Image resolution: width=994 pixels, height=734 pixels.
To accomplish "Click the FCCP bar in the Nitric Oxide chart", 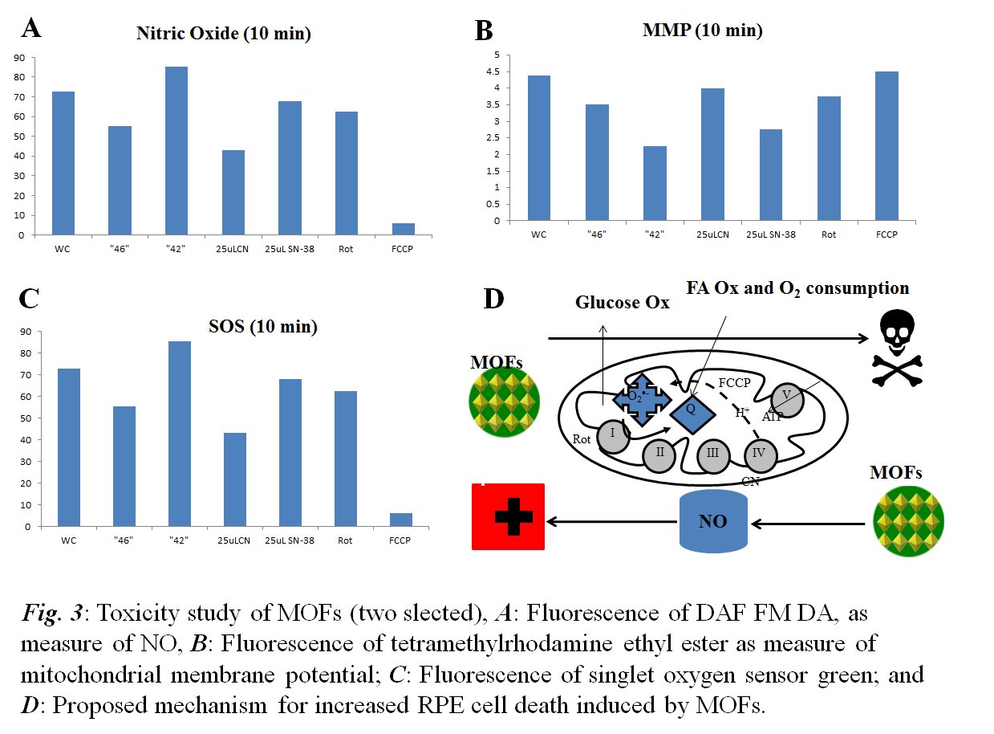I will [404, 230].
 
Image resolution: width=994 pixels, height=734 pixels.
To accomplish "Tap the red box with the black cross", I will [507, 516].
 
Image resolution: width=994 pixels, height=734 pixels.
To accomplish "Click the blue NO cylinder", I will [713, 522].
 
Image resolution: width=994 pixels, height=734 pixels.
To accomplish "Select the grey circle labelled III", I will [712, 455].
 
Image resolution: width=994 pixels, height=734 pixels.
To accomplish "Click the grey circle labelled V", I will [787, 399].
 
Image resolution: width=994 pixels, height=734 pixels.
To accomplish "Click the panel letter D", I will [494, 299].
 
